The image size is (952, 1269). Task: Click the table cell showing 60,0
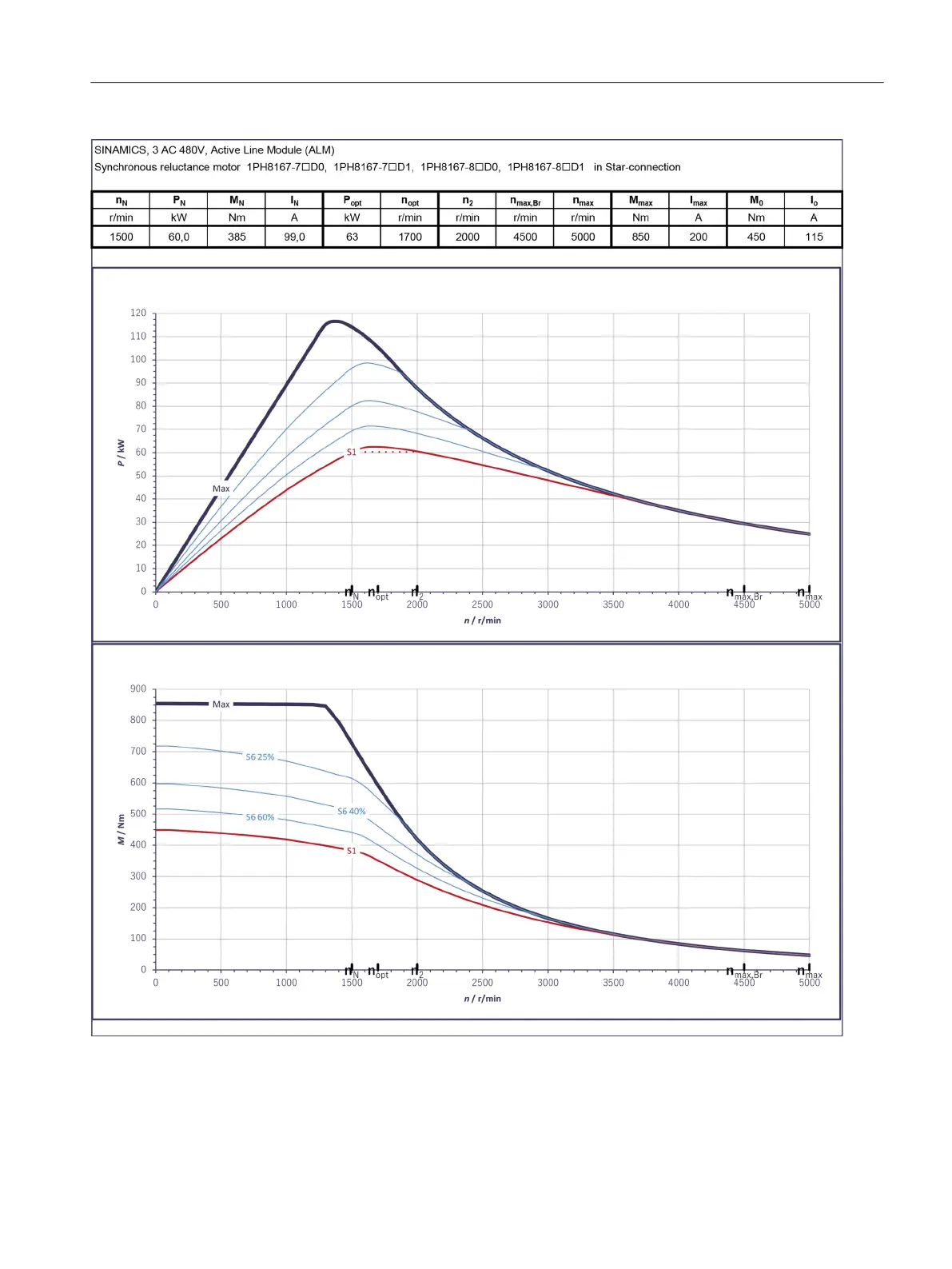point(179,237)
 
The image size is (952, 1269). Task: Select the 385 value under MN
point(237,237)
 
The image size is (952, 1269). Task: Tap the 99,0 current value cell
point(294,237)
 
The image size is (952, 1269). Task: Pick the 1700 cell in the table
point(410,237)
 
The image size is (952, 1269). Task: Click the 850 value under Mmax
point(641,237)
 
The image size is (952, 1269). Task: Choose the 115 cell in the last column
point(814,237)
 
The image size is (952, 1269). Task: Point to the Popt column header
point(353,201)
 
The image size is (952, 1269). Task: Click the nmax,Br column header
point(525,201)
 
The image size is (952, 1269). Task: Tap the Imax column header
point(699,201)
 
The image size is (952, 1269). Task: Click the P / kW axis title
point(121,453)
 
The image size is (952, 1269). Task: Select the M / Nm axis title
point(121,829)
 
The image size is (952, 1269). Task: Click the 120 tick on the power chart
point(138,313)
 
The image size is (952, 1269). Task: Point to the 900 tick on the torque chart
point(138,689)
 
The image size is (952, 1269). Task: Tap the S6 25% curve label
point(260,757)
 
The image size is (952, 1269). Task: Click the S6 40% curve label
point(351,812)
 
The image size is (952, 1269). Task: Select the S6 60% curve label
point(260,817)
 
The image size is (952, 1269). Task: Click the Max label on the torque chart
point(221,704)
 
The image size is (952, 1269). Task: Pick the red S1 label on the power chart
point(351,453)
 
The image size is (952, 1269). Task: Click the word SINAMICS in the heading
point(121,150)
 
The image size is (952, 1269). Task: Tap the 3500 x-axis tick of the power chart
point(613,605)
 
